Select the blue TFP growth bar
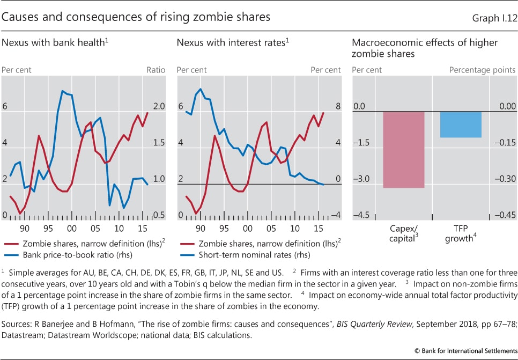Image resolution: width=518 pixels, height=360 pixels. click(x=461, y=124)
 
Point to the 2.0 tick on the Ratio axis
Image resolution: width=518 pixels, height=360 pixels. click(x=157, y=107)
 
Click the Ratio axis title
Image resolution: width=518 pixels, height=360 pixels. click(x=156, y=70)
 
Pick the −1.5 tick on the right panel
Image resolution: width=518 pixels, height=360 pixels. click(x=363, y=143)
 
